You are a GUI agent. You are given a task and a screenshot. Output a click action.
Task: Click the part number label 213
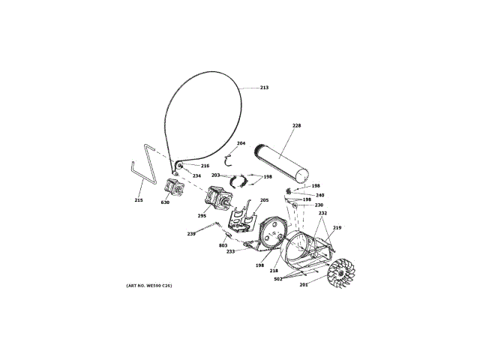[x=264, y=88]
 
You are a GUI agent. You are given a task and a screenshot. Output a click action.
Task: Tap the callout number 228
[x=297, y=125]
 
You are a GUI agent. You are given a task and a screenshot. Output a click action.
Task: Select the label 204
[x=241, y=143]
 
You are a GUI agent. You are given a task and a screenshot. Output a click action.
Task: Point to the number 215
[x=139, y=200]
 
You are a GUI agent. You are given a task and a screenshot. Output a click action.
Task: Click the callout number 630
[x=165, y=202]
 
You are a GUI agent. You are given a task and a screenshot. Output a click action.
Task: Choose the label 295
[x=202, y=215]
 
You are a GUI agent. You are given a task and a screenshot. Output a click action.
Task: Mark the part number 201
[x=304, y=284]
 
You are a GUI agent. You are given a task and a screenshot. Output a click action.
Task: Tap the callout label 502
[x=277, y=280]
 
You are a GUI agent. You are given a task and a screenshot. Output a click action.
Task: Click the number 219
[x=337, y=228]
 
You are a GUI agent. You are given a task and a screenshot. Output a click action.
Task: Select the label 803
[x=223, y=245]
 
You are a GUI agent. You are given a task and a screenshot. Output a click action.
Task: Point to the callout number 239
[x=191, y=234]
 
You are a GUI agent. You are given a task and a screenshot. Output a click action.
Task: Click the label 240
[x=319, y=195]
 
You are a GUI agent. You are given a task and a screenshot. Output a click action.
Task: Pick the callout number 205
[x=264, y=200]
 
